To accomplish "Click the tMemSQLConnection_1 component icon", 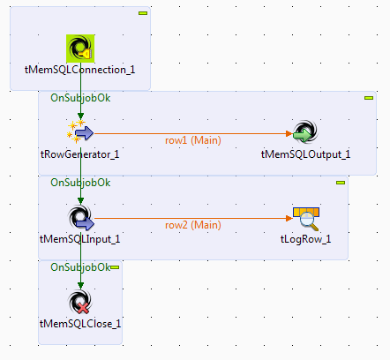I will click(80, 48).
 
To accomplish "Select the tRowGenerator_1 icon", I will click(80, 133).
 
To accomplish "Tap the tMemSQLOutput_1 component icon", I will click(305, 133).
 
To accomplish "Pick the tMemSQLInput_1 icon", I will click(80, 218).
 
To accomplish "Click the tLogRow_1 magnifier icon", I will click(305, 217).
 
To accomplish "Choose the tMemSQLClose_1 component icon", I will click(80, 303).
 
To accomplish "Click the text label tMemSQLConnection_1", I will click(80, 69).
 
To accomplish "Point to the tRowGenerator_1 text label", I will click(80, 154).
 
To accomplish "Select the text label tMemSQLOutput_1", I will click(305, 154).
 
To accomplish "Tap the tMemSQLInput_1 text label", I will click(80, 238).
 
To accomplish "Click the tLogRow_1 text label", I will click(305, 238).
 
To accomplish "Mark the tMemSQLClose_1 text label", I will click(80, 323).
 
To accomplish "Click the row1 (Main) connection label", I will click(192, 139).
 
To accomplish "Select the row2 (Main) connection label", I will click(192, 224).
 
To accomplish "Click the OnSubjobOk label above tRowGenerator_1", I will click(80, 98).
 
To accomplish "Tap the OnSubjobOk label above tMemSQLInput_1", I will click(80, 183).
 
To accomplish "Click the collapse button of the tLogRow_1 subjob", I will click(340, 183).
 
